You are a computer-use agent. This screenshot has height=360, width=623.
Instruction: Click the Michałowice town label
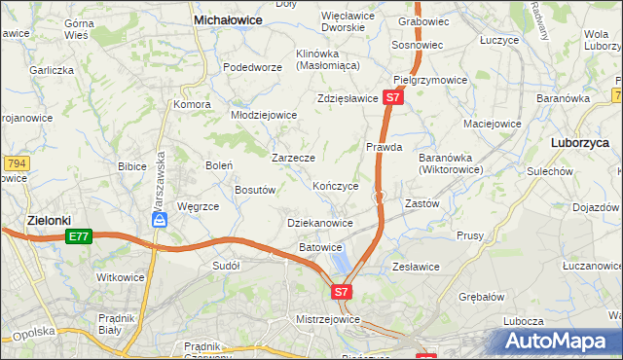click(231, 18)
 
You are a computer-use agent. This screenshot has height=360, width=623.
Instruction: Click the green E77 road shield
click(79, 236)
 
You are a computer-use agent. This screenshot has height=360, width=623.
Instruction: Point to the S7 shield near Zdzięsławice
click(391, 98)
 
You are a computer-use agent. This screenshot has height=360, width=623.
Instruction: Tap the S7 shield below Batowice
click(341, 291)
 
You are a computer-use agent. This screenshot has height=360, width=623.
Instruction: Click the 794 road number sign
click(16, 163)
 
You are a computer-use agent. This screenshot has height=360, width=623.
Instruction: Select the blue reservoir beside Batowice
click(342, 260)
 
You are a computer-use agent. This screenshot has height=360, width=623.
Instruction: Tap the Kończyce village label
click(336, 186)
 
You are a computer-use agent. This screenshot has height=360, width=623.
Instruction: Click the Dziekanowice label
click(320, 223)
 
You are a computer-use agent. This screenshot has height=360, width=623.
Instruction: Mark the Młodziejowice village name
click(264, 115)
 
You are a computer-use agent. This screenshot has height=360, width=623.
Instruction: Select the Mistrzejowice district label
click(328, 319)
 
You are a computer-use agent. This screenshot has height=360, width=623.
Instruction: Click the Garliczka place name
click(52, 70)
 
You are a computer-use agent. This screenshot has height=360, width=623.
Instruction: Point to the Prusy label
click(469, 235)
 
